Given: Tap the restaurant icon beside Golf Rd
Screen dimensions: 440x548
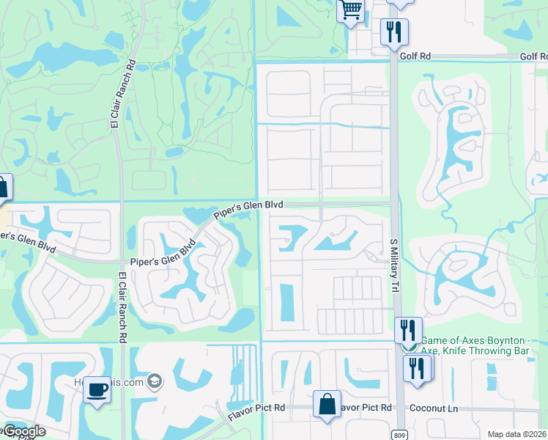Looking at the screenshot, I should pos(394,32).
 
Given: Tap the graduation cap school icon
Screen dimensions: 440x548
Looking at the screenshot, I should pos(154,380).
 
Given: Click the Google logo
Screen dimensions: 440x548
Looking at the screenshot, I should pos(23,431).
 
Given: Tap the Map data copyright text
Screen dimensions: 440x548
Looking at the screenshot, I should pos(516,434).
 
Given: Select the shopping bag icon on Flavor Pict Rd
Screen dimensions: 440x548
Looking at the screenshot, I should pos(327,405).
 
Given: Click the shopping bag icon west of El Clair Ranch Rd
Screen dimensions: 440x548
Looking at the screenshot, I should pos(3,187).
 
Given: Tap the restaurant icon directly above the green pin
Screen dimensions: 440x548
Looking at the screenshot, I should pos(408,329).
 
